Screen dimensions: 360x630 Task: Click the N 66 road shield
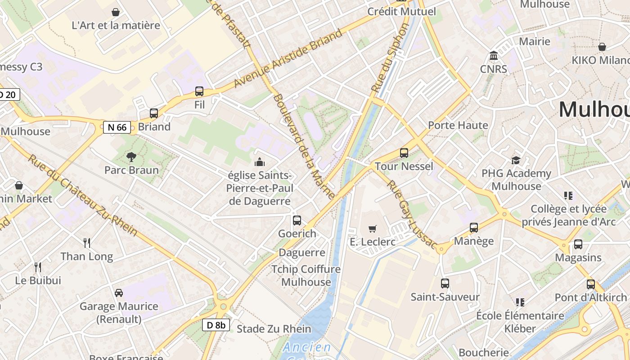click(x=117, y=127)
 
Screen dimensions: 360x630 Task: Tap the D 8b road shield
click(x=216, y=325)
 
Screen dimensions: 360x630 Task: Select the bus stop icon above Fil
click(x=199, y=91)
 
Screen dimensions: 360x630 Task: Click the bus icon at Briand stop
click(x=154, y=113)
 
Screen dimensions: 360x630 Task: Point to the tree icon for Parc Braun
click(x=131, y=157)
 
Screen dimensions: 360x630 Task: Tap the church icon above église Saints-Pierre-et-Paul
click(x=260, y=162)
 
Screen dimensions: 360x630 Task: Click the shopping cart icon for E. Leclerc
click(x=372, y=229)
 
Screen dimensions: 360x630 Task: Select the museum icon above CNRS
click(x=494, y=56)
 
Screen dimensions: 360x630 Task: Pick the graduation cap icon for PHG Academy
click(x=516, y=160)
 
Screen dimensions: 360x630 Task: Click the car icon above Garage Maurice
click(x=119, y=293)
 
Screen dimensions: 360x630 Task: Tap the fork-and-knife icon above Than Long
click(x=87, y=243)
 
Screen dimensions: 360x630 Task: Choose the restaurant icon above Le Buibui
click(x=38, y=267)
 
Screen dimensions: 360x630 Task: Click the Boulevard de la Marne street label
click(x=304, y=146)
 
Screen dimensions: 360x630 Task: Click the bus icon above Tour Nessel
click(x=404, y=153)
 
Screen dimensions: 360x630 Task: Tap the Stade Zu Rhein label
click(x=274, y=329)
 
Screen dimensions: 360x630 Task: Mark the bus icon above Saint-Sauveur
click(x=445, y=283)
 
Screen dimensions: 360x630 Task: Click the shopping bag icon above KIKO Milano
click(x=602, y=47)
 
